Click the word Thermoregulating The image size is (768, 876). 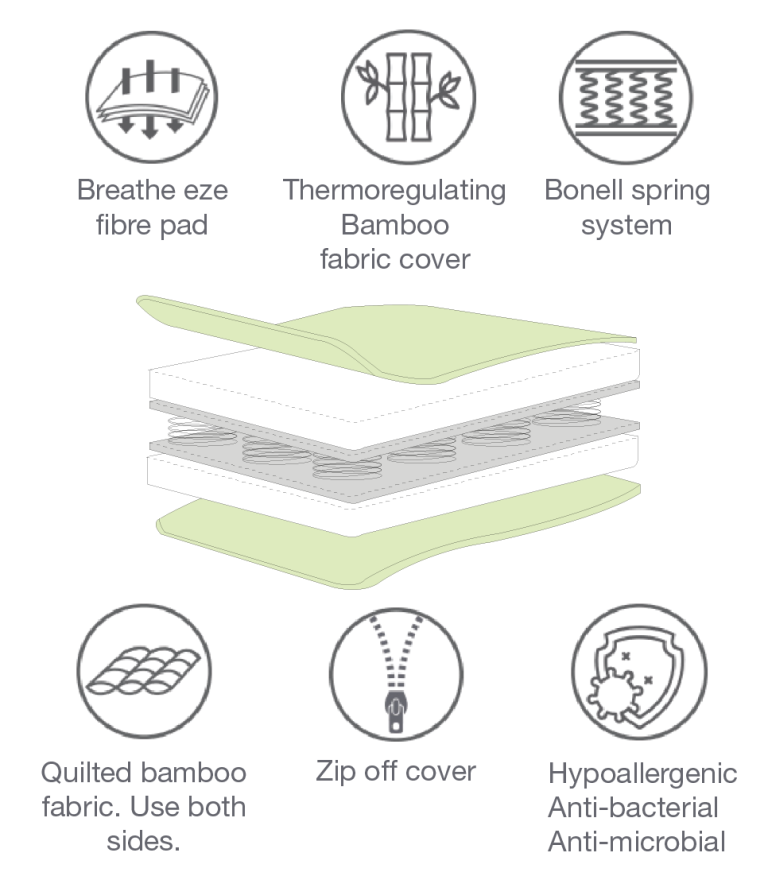coord(394,190)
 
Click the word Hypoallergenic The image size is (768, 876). coord(642,774)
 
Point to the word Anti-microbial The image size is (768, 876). coord(636,841)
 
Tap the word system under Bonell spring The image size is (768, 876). coord(627,224)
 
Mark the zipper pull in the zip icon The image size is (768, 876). coord(396,713)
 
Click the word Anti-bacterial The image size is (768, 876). coord(633,807)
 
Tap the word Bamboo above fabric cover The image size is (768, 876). coord(394,224)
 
